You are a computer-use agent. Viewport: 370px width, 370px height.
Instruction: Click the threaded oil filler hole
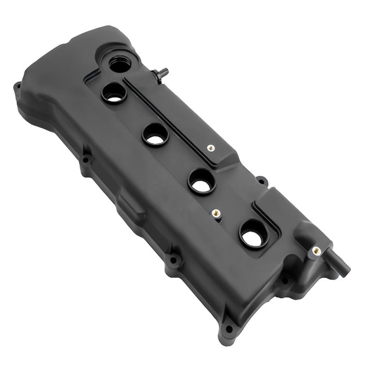click(120, 64)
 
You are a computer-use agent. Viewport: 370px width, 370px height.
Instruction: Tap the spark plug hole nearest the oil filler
click(114, 93)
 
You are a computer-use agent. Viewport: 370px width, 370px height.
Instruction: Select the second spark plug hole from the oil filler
click(155, 134)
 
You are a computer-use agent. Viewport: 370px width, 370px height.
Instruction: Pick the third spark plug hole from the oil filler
click(202, 181)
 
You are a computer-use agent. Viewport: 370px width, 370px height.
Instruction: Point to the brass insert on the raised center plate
click(210, 148)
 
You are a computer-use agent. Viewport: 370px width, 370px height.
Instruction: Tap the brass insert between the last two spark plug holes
click(216, 213)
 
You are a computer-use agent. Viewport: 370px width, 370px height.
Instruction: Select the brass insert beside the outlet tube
click(316, 251)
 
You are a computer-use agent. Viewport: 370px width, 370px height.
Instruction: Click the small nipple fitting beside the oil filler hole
click(162, 74)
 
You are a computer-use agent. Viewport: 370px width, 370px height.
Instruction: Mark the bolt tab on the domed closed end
click(18, 86)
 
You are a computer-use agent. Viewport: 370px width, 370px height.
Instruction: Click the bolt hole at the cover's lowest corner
click(228, 329)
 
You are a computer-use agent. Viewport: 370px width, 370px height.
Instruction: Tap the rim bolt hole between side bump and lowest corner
click(173, 260)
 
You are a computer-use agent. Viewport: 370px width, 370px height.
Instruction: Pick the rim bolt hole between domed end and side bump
click(86, 160)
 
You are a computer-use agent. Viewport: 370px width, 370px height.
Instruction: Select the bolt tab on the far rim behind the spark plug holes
click(262, 180)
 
